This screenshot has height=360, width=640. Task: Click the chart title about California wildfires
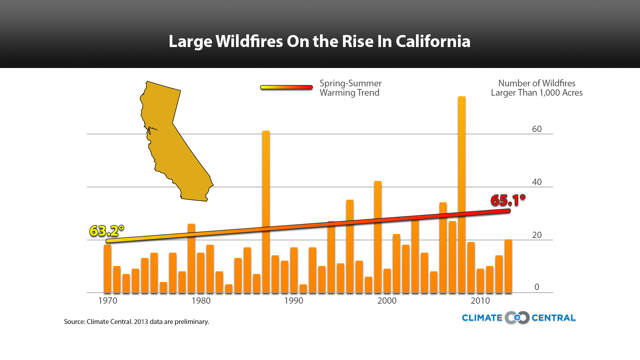pyautogui.click(x=319, y=41)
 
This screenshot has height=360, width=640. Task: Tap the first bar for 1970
pyautogui.click(x=107, y=269)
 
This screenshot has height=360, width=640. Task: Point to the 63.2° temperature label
pyautogui.click(x=107, y=231)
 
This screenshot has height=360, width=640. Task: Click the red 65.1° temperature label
pyautogui.click(x=508, y=200)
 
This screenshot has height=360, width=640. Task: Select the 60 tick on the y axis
pyautogui.click(x=537, y=129)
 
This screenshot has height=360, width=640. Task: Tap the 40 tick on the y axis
pyautogui.click(x=537, y=182)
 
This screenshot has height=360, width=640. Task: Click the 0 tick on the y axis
pyautogui.click(x=537, y=287)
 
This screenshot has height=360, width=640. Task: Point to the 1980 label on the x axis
pyautogui.click(x=201, y=301)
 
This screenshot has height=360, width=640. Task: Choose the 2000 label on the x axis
pyautogui.click(x=387, y=301)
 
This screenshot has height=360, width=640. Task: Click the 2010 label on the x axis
pyautogui.click(x=480, y=301)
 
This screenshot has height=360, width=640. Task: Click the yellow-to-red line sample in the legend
pyautogui.click(x=286, y=87)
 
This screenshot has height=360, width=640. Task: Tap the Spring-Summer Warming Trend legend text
pyautogui.click(x=350, y=88)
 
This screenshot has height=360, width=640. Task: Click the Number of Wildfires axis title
pyautogui.click(x=537, y=88)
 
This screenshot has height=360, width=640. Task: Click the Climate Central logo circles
pyautogui.click(x=517, y=318)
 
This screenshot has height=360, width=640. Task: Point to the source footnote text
pyautogui.click(x=136, y=322)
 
